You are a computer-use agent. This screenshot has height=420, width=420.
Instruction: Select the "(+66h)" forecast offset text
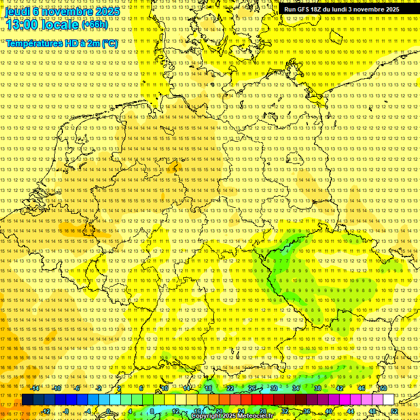pos(95,25)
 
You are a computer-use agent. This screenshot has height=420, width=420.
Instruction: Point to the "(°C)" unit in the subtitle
pos(109,43)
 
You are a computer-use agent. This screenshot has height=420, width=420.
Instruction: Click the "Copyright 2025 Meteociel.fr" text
pos(232,416)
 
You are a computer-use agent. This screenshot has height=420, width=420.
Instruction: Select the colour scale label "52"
pos(394,411)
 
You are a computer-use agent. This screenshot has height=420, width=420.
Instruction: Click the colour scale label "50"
pos(383,388)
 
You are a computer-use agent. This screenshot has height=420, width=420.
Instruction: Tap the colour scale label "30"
pos(274,388)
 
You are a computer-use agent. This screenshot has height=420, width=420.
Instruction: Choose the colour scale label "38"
pos(318,388)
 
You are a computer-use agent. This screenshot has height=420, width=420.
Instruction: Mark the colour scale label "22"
pos(230,388)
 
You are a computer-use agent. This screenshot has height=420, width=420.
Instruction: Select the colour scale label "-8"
pos(67,411)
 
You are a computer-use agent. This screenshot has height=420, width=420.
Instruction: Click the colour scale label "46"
pos(361,388)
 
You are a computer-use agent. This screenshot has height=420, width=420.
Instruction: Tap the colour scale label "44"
pos(351,411)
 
